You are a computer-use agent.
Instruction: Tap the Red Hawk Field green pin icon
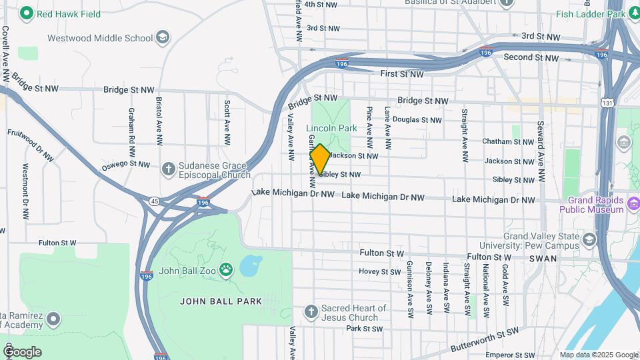(26, 13)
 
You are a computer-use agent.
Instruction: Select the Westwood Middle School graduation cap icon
(162, 38)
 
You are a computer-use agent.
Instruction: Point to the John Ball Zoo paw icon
(227, 271)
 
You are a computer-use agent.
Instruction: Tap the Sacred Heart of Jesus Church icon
(310, 311)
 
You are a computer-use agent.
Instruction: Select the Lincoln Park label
(331, 128)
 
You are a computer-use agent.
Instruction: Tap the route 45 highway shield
(154, 201)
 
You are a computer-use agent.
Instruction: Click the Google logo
(22, 351)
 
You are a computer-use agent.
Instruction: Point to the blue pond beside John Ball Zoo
(251, 266)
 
